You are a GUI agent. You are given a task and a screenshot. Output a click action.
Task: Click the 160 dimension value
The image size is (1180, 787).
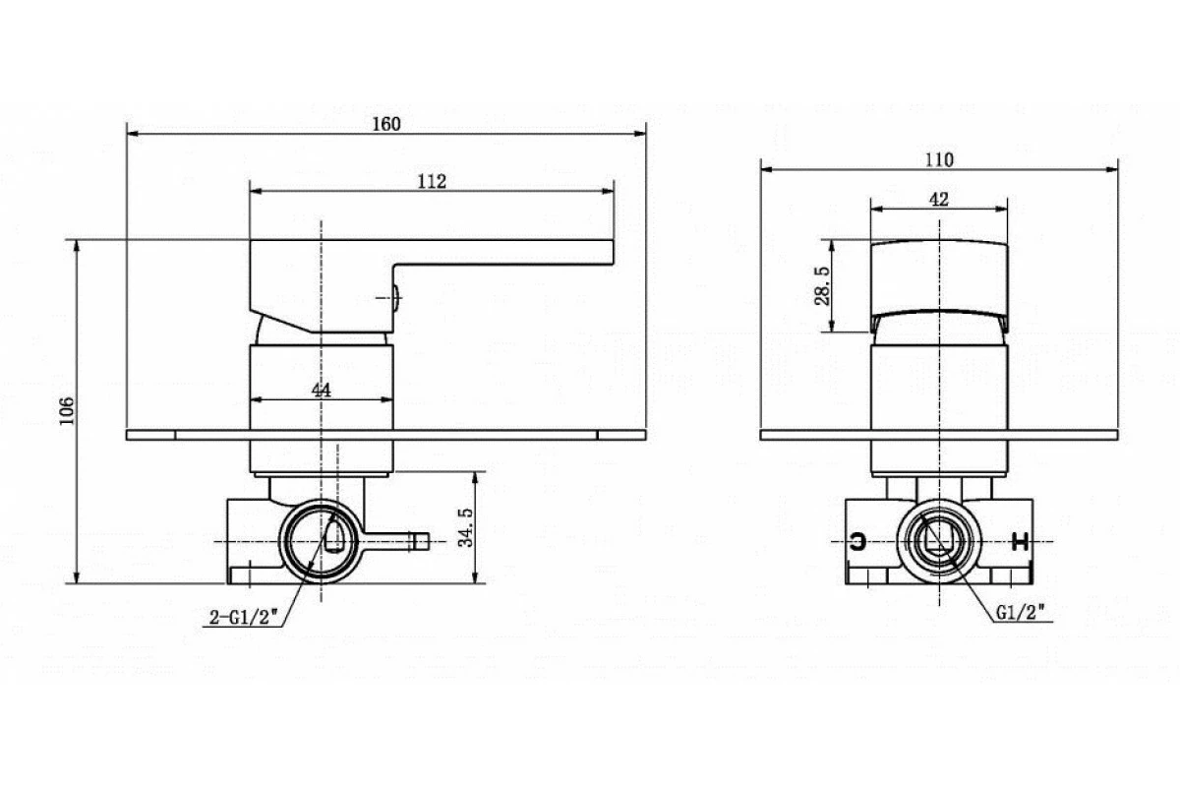pos(385,124)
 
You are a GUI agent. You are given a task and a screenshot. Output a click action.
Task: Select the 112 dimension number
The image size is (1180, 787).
pos(433,181)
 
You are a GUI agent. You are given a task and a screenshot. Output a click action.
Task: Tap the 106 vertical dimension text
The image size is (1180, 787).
pos(66,410)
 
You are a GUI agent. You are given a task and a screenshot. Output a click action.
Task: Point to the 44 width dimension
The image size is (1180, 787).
pos(321,390)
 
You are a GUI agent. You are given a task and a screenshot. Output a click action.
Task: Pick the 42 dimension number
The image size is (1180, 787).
pos(938,199)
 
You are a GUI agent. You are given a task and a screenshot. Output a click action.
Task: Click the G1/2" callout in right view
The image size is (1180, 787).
pos(1020,611)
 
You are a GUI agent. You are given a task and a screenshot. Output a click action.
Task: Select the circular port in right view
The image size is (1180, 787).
pos(940,541)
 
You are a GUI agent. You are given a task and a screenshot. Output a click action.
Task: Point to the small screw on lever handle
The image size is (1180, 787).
pos(391,296)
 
